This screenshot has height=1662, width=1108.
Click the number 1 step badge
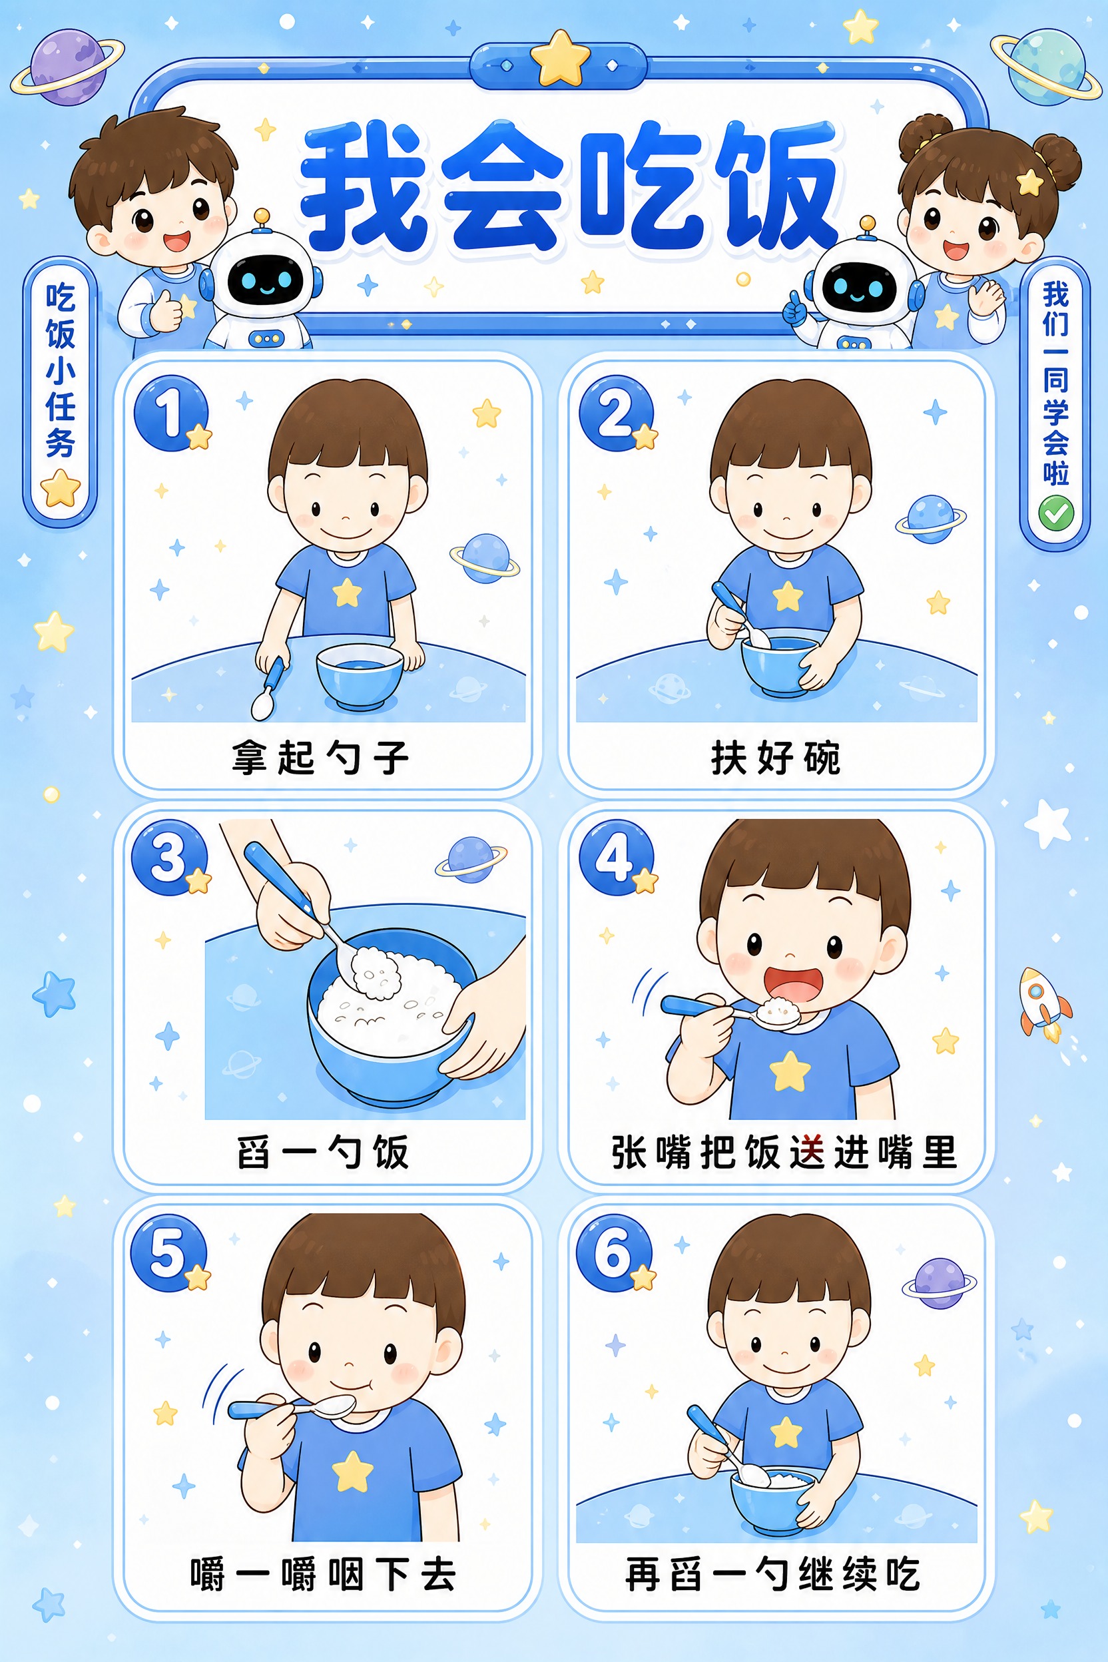coord(171,414)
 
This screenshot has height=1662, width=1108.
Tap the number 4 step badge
coord(616,858)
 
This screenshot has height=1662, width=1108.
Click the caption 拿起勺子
coord(320,758)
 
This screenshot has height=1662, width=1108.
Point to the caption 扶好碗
coord(776,758)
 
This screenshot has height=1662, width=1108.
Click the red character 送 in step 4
coord(807,1153)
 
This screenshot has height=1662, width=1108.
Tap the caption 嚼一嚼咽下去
coord(323,1574)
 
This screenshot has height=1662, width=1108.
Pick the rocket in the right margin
coord(1043,1003)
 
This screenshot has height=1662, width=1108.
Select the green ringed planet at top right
coord(1046,67)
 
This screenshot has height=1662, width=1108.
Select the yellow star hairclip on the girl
coord(1029,182)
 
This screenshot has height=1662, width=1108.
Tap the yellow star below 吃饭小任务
coord(61,488)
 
